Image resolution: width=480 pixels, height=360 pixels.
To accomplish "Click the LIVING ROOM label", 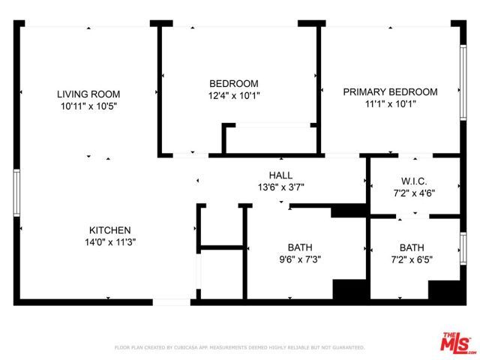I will (x=88, y=94).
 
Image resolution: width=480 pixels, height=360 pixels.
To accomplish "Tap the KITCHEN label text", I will (x=110, y=230).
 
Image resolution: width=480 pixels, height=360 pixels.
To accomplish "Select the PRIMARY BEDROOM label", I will (x=390, y=91).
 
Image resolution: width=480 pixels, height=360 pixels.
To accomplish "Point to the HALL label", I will (x=280, y=175).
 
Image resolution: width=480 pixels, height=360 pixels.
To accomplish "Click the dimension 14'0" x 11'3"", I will (x=110, y=242).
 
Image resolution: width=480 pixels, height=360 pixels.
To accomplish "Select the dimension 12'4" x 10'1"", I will (x=233, y=95).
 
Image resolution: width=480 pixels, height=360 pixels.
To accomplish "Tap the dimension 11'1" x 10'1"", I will (x=390, y=103).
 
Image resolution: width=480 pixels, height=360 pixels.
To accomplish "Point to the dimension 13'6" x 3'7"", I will (x=280, y=187).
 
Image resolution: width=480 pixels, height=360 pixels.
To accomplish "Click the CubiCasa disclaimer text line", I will (x=239, y=348).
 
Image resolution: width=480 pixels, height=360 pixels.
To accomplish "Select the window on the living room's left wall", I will (x=16, y=193).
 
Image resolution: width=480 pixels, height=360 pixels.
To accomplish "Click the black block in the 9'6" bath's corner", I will (x=346, y=290).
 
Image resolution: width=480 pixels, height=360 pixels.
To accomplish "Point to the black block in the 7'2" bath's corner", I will (x=442, y=290).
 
